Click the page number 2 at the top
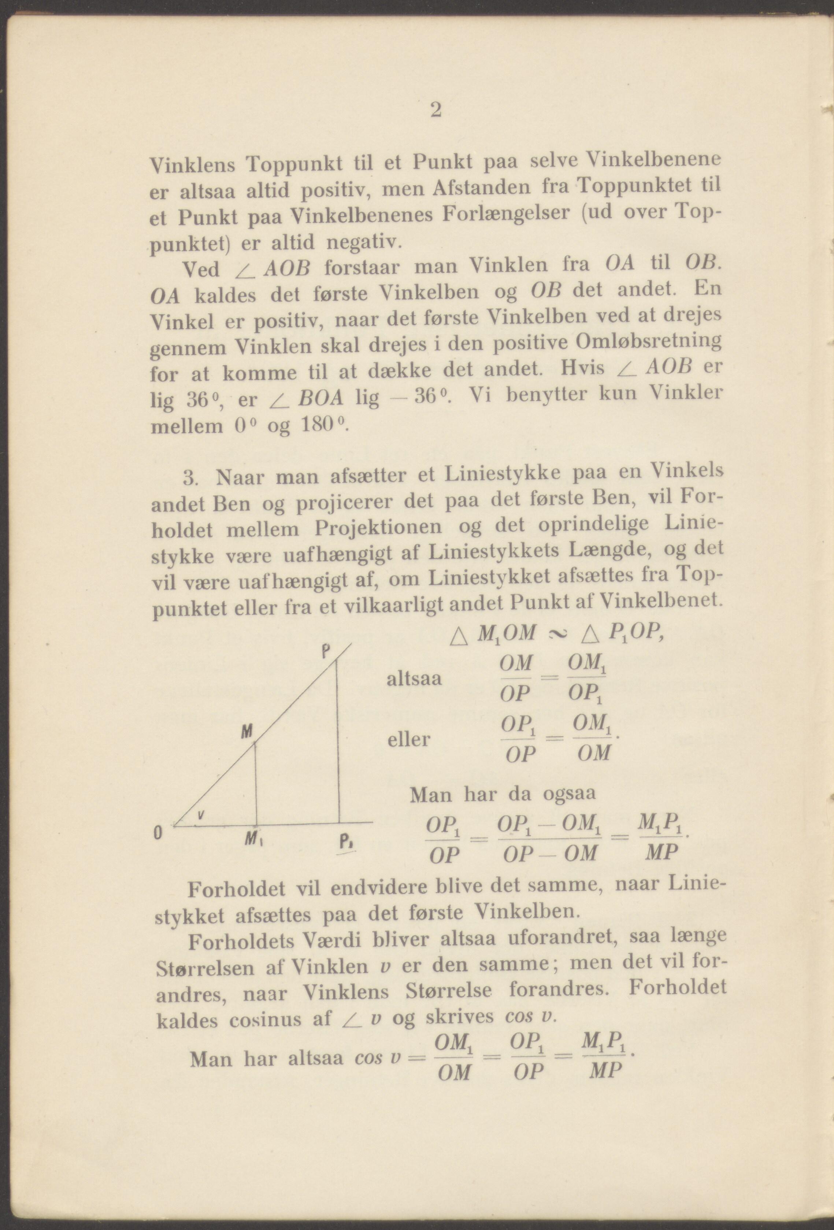coord(435,110)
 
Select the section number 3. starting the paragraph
coord(190,478)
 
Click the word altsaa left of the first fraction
coord(414,679)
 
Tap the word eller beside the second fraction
coord(408,739)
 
